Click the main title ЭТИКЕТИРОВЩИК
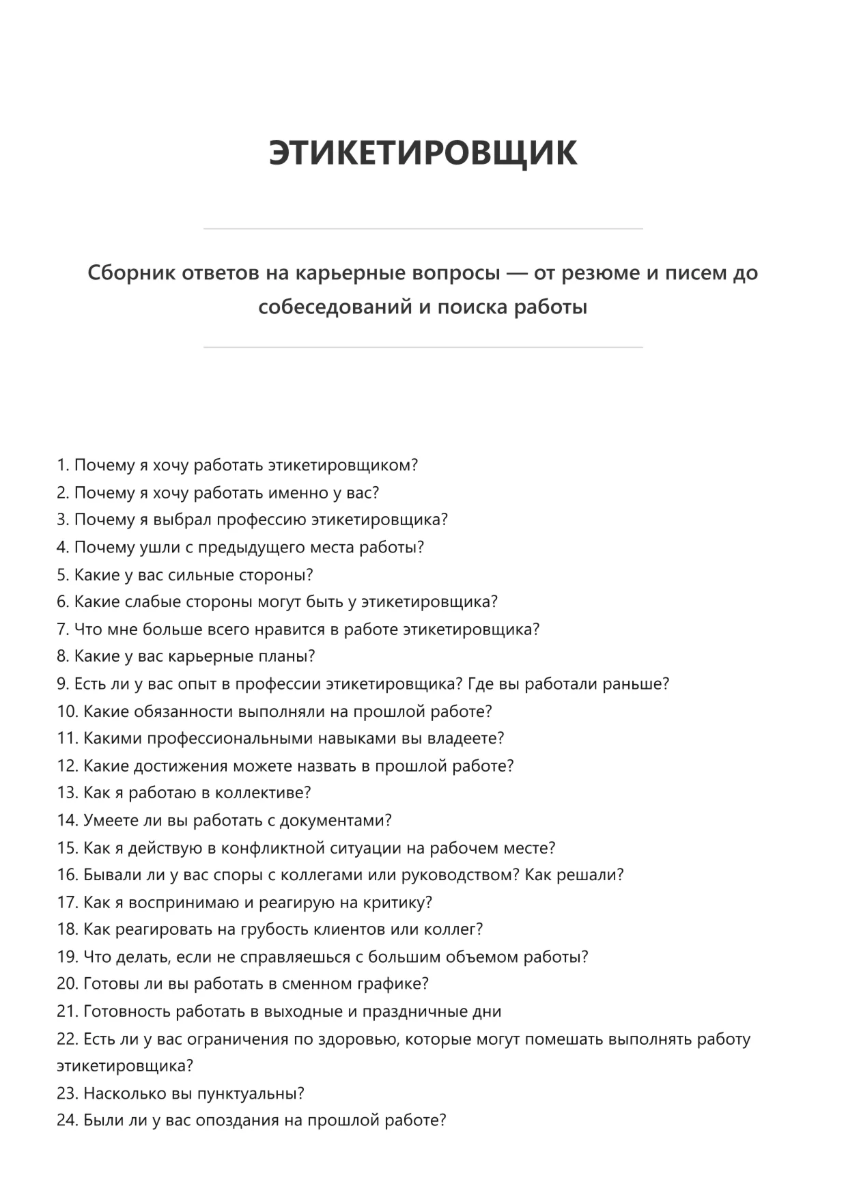(x=423, y=152)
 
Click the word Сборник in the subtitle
(x=128, y=273)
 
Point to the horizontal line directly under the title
(x=423, y=229)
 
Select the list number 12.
(x=67, y=766)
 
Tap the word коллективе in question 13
(x=262, y=793)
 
